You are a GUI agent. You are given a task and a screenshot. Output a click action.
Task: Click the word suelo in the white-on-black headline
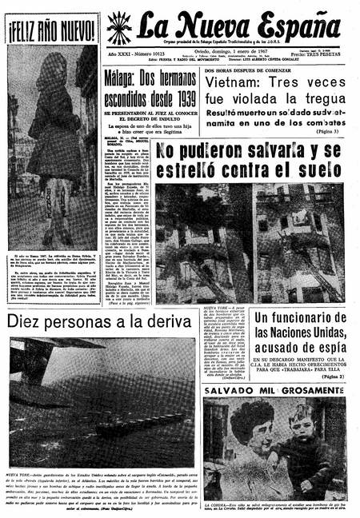tap(320, 169)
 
